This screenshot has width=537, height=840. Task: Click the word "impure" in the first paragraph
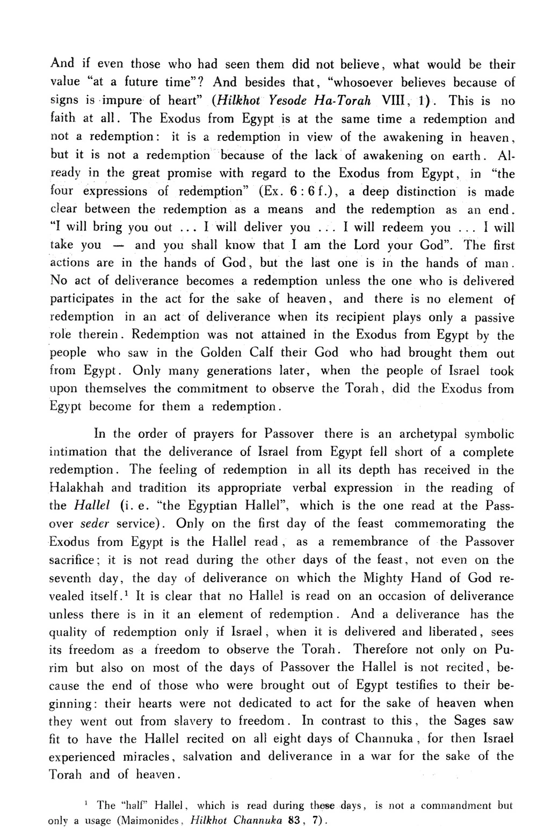[x=130, y=101]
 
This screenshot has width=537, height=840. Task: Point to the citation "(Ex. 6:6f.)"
[x=307, y=191]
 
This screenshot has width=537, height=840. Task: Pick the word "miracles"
[x=144, y=757]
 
